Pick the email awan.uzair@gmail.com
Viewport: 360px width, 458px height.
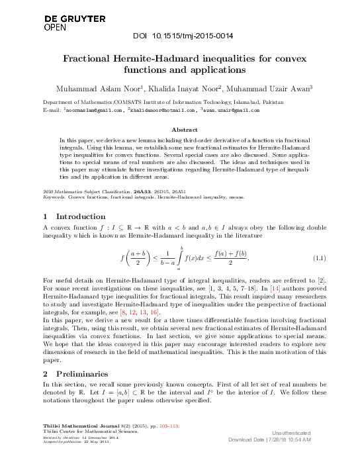(x=231, y=111)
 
